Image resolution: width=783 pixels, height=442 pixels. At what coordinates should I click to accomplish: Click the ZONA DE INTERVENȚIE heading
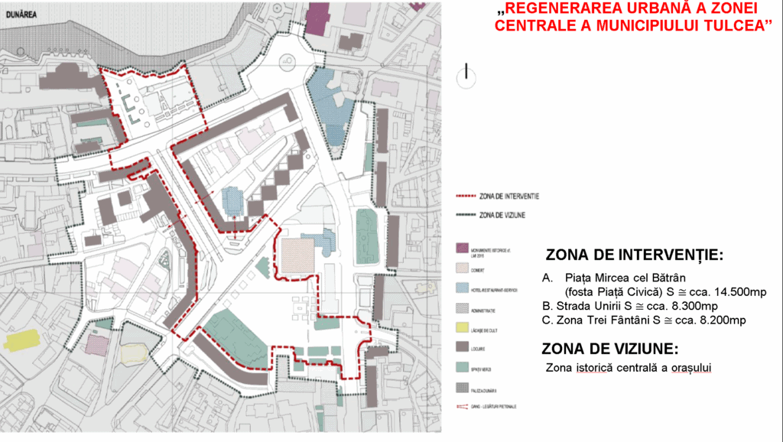[x=635, y=255]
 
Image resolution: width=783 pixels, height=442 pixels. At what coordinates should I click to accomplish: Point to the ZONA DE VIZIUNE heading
[x=609, y=349]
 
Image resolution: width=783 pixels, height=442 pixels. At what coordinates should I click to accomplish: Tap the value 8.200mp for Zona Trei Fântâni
[x=716, y=320]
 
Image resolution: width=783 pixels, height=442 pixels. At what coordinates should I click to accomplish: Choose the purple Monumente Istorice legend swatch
[x=461, y=249]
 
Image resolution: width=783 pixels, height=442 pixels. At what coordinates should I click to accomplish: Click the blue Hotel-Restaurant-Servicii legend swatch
[x=461, y=288]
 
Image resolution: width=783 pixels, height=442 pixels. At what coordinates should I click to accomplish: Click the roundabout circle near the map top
[x=288, y=61]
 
